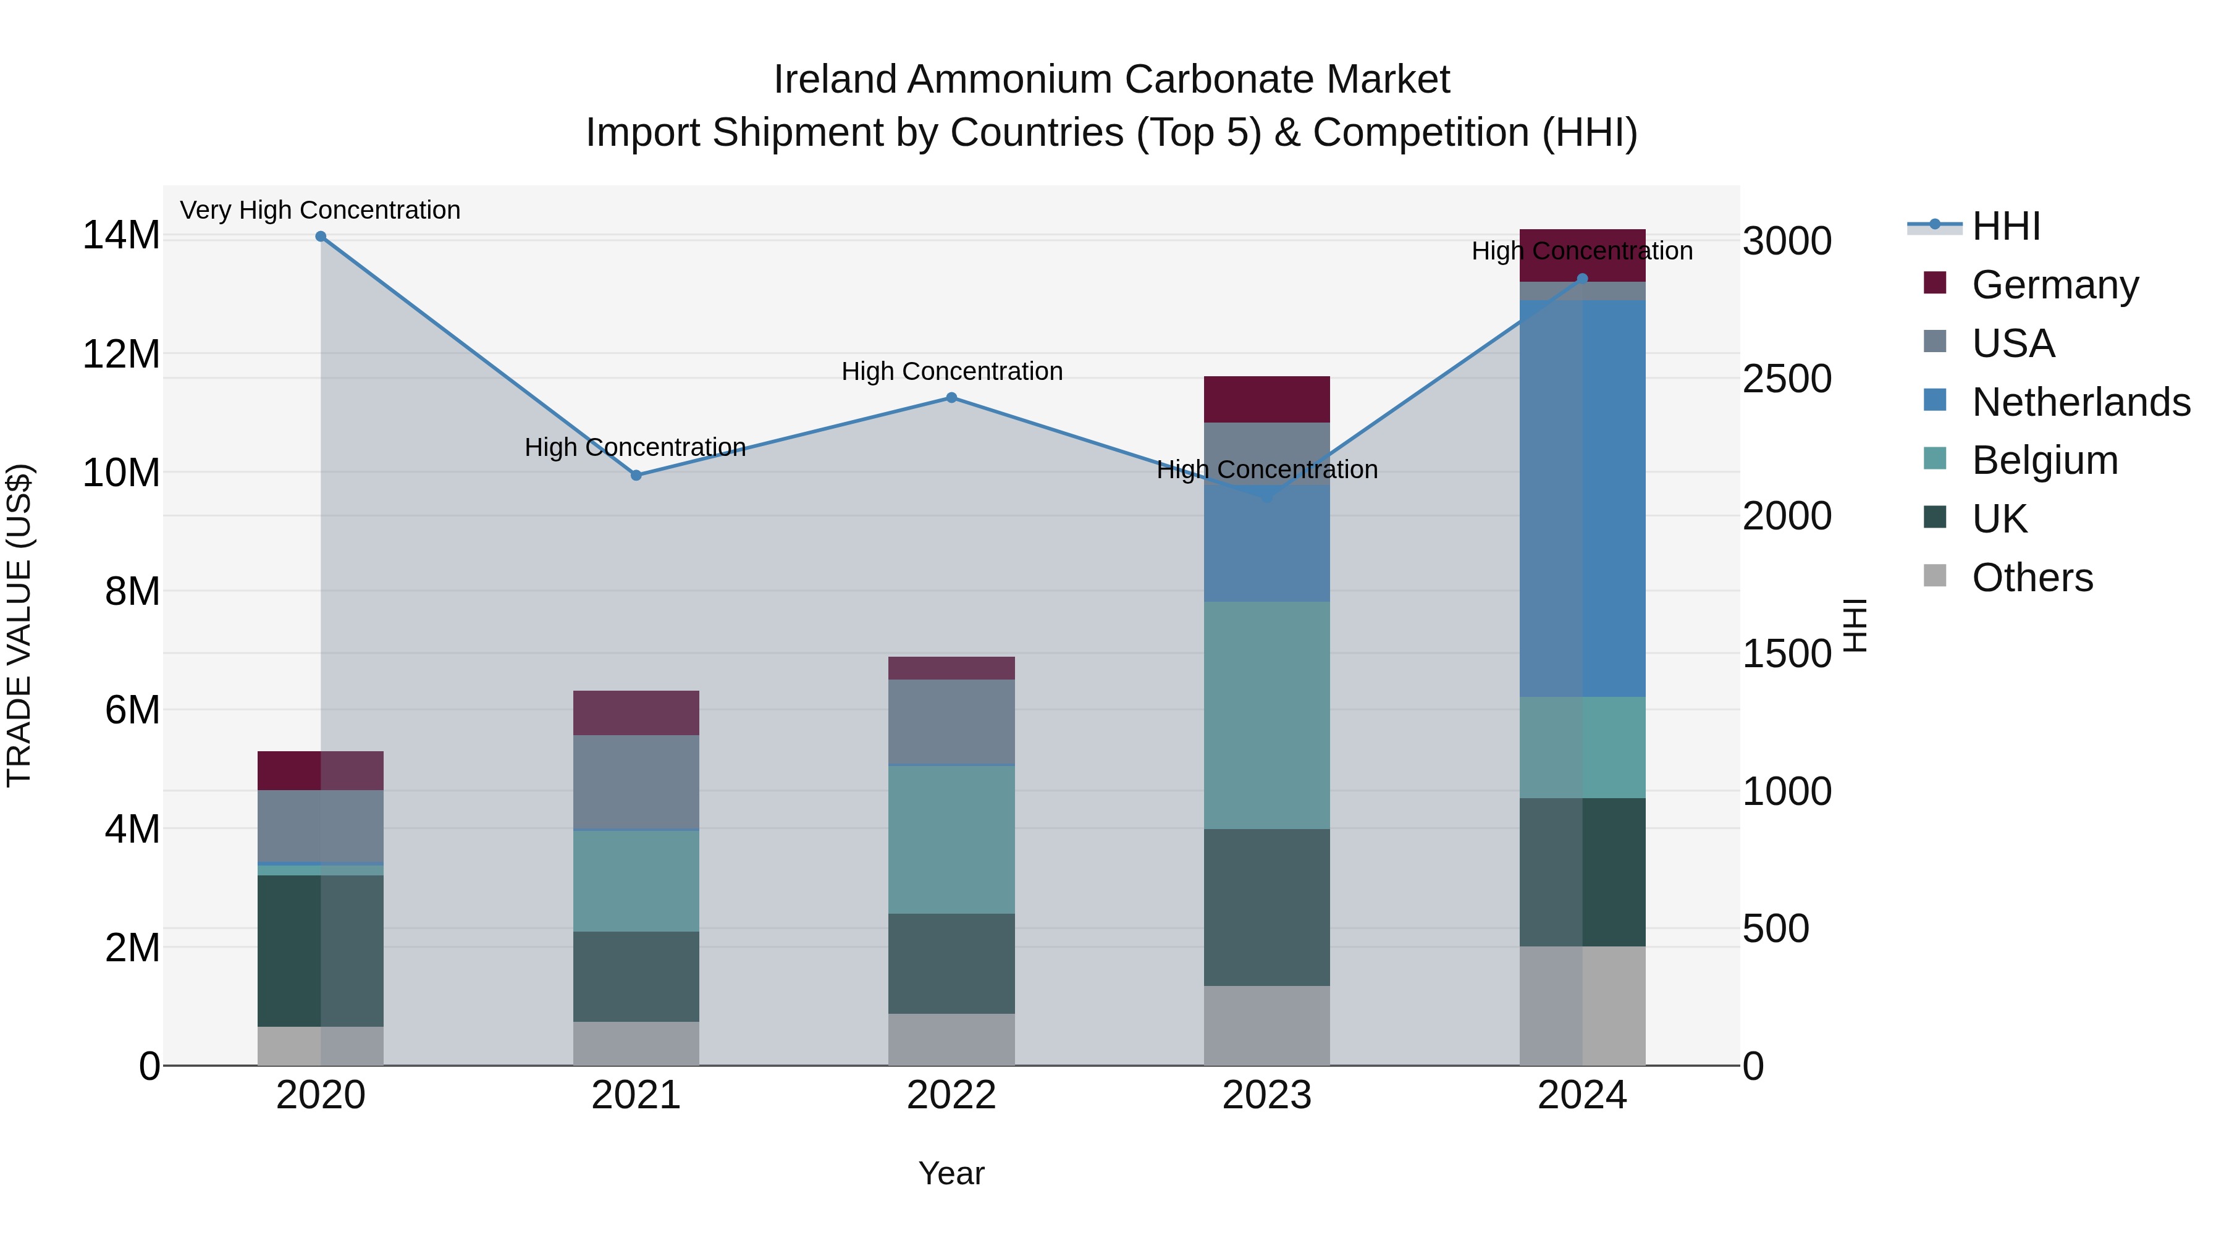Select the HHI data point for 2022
951,398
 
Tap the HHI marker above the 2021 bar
636,476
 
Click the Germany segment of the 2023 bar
1266,399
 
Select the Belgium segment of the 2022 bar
951,839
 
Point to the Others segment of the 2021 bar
636,1044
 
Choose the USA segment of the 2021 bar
636,782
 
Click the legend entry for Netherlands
2081,402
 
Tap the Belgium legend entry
2044,460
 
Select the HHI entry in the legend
2005,226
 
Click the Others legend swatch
1935,576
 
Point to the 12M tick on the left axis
121,355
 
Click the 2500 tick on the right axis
1786,379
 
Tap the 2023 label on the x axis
1266,1095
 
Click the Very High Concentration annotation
320,210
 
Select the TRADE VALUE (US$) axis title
19,625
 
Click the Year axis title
951,1173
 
